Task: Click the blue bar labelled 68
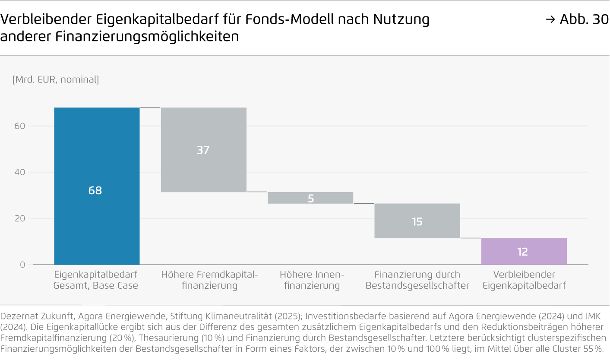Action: (97, 186)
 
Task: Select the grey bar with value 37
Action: (203, 149)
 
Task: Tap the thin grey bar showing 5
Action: (310, 198)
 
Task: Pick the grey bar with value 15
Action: (417, 221)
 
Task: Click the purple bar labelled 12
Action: (524, 251)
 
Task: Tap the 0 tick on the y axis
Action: (23, 265)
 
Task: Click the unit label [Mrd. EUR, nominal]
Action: (56, 79)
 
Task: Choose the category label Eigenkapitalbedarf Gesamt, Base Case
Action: (96, 280)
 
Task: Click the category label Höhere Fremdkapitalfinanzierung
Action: (209, 280)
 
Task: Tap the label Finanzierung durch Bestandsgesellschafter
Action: (417, 280)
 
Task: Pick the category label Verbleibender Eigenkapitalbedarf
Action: (524, 280)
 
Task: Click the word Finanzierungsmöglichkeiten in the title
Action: (147, 37)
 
